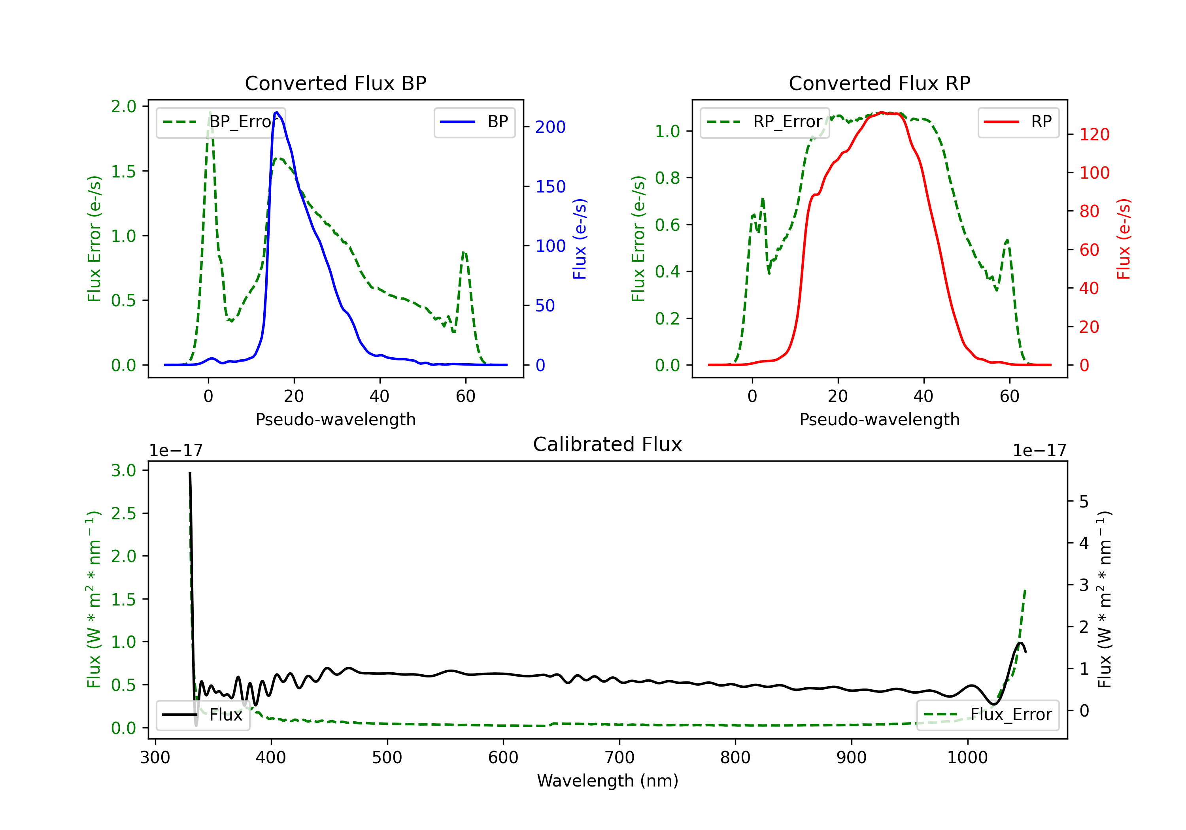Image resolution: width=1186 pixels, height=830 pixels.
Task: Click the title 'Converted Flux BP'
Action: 335,83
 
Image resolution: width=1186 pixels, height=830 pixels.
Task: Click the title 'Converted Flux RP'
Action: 879,83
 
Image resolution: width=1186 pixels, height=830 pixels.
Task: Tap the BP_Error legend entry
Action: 221,122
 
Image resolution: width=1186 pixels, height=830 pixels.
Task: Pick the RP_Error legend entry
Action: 765,122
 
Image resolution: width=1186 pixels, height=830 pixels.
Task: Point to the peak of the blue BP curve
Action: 277,112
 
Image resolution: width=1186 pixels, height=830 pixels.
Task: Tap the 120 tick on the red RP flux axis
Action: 1094,135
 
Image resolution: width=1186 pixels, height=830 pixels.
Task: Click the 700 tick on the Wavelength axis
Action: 619,758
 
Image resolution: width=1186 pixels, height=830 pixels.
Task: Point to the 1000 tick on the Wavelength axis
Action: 967,758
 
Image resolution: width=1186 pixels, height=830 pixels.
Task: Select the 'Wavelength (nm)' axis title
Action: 608,781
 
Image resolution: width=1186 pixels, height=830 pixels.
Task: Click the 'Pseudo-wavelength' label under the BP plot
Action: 335,419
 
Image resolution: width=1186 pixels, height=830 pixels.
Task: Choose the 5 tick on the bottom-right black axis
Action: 1084,502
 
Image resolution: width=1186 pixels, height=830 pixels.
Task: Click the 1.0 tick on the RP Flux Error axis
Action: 667,131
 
